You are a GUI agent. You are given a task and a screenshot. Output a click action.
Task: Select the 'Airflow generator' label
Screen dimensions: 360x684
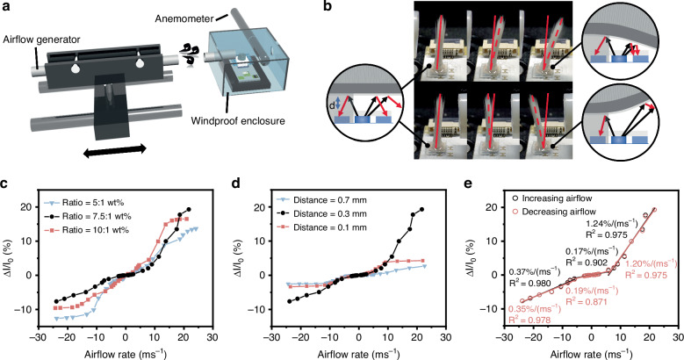(x=39, y=49)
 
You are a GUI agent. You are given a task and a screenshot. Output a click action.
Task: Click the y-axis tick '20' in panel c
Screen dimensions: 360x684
(x=35, y=206)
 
